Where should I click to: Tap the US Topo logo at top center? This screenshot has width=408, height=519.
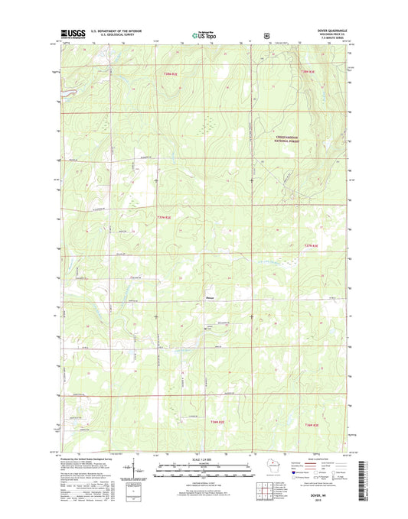204,34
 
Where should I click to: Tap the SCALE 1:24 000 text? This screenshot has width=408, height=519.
204,460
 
